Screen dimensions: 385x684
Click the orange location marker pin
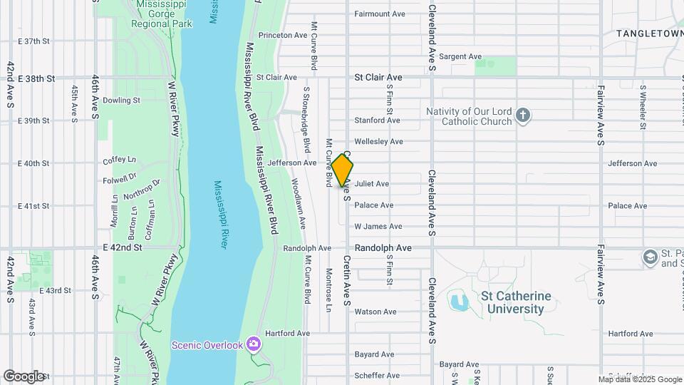[x=342, y=170]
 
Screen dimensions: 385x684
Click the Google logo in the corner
[x=23, y=376]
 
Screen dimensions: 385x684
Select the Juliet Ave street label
[x=371, y=184]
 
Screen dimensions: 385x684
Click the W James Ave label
[x=378, y=227]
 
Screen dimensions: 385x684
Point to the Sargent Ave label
[x=460, y=56]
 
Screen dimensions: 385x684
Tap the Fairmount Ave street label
[x=380, y=14]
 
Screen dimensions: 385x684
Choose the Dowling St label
[x=120, y=101]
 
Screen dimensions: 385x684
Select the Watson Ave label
[x=375, y=312]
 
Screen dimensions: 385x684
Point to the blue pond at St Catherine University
[x=457, y=302]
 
